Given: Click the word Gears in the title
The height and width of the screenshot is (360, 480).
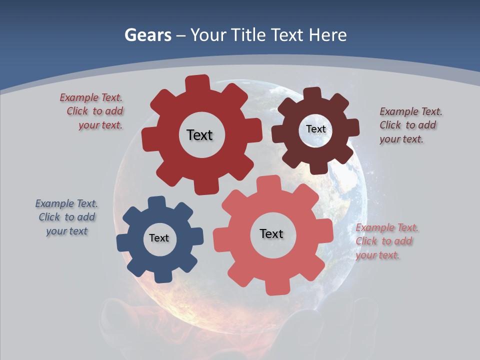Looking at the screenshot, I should click(x=147, y=35).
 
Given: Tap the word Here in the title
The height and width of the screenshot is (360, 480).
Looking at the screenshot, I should click(x=327, y=35).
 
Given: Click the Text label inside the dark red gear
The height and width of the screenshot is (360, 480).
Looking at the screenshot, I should click(x=199, y=135).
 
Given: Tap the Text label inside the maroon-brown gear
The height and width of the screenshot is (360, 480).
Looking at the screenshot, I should click(x=315, y=129).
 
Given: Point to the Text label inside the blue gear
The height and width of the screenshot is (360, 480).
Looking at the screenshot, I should click(x=159, y=238).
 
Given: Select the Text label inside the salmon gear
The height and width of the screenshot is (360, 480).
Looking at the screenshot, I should click(x=271, y=233).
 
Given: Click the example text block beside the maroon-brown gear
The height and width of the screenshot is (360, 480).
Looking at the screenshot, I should click(x=410, y=125).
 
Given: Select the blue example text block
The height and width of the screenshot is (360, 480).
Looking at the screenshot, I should click(x=66, y=217).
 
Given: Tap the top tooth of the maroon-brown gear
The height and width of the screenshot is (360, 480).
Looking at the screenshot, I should click(x=312, y=93).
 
